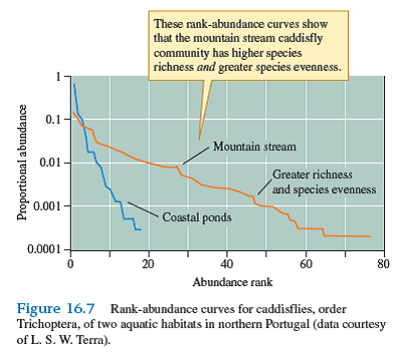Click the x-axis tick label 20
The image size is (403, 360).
click(148, 264)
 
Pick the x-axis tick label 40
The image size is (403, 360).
click(226, 264)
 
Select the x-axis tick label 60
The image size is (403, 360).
click(305, 264)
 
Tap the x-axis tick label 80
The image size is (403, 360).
click(384, 264)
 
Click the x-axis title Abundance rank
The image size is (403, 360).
click(226, 282)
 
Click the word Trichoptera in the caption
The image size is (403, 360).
click(51, 323)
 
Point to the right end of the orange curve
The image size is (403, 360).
click(370, 236)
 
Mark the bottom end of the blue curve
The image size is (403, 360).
click(141, 229)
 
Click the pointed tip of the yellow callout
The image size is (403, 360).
click(200, 139)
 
